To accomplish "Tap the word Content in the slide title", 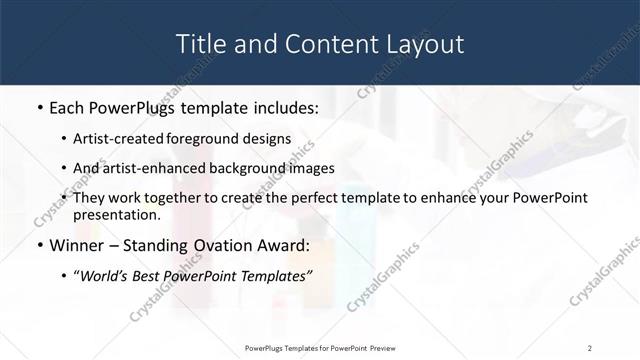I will coord(315,44).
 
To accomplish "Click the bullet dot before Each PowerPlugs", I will coord(39,107).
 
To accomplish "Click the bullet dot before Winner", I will coord(39,245).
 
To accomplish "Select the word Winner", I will coord(76,245).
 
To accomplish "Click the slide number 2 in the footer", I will coord(590,347).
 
